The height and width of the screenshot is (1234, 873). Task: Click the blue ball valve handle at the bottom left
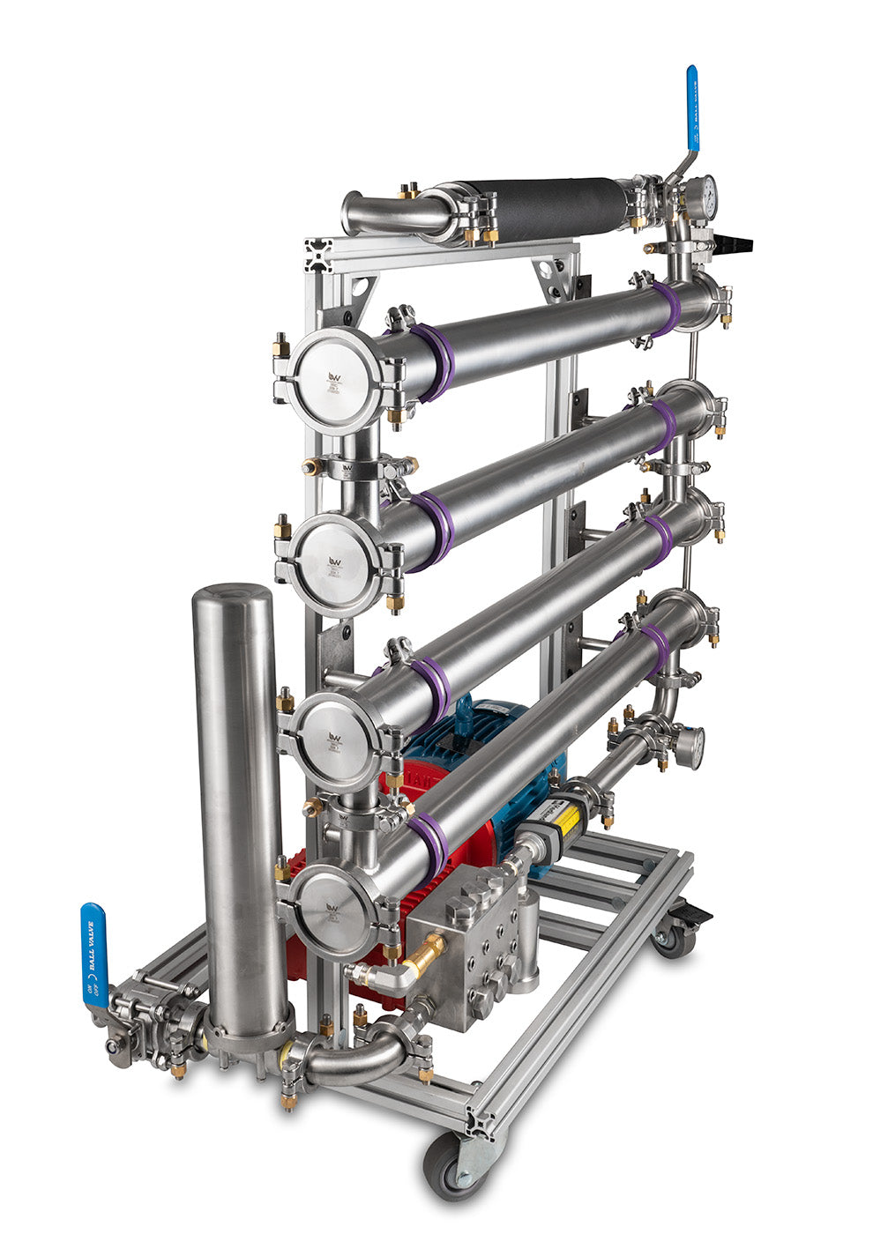point(93,953)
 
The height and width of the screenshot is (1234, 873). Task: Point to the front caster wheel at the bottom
point(450,1163)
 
